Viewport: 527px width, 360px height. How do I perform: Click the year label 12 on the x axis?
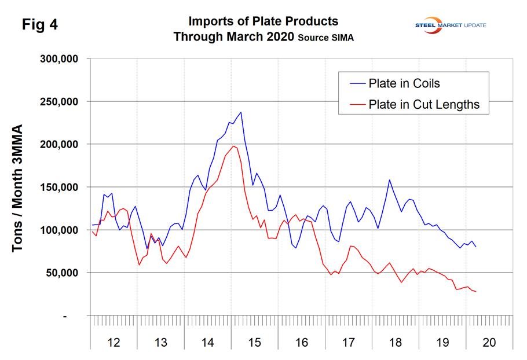pos(114,343)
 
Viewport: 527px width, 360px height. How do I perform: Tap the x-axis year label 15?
pos(254,343)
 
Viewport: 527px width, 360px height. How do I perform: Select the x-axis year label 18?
pos(395,343)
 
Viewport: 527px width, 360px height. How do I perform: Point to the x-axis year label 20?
pos(489,343)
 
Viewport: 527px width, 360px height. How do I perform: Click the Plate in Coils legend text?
pos(404,83)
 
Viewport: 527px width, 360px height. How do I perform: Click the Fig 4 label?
pos(40,25)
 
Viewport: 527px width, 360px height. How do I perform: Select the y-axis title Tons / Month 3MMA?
pos(18,188)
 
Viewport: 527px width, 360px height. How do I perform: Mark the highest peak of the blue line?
pos(241,112)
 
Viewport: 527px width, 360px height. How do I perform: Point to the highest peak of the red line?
pos(233,146)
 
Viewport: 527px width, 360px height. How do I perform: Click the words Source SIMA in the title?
pos(326,38)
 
